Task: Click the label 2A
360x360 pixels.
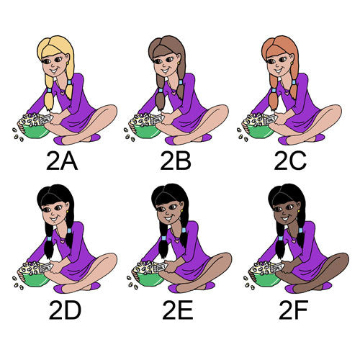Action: (x=62, y=161)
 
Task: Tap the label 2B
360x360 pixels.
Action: (x=176, y=161)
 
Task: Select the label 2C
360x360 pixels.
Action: (x=290, y=161)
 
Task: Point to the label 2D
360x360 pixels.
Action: (x=65, y=310)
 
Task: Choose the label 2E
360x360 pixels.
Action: (x=178, y=310)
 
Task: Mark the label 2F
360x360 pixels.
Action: (x=293, y=310)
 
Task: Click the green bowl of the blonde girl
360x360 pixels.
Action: (x=34, y=131)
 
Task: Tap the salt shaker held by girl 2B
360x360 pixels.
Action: (x=158, y=120)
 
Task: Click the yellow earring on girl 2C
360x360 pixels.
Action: (x=292, y=63)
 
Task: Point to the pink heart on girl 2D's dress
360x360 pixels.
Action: (x=63, y=240)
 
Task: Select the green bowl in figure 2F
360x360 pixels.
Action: (x=265, y=279)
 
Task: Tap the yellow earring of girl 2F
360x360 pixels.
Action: (x=299, y=211)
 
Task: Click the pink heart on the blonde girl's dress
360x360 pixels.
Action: (x=63, y=91)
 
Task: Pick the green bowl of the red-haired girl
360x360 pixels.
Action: (x=258, y=131)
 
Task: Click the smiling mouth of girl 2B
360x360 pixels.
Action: (x=166, y=71)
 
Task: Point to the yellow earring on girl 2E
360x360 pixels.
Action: (x=182, y=211)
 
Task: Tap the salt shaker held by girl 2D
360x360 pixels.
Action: (x=46, y=268)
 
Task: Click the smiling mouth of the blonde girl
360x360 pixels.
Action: (x=54, y=71)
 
